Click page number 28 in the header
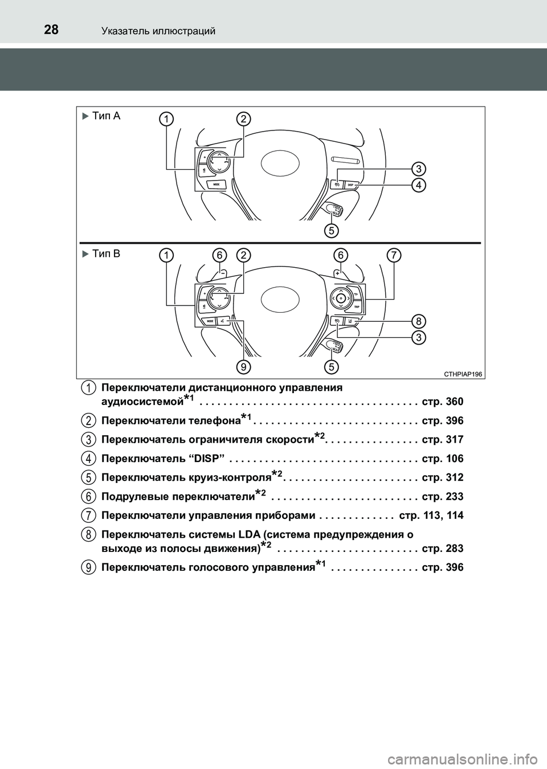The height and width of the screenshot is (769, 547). pyautogui.click(x=51, y=29)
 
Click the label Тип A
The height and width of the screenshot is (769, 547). pyautogui.click(x=106, y=116)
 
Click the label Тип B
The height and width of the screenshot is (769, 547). pyautogui.click(x=106, y=253)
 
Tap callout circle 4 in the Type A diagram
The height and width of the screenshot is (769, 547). pyautogui.click(x=419, y=185)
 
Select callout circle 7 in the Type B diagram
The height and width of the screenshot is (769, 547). pyautogui.click(x=393, y=255)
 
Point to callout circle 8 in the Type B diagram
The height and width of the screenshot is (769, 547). pyautogui.click(x=419, y=320)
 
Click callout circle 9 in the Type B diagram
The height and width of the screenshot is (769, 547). pyautogui.click(x=243, y=367)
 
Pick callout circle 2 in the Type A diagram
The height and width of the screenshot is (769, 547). pyautogui.click(x=243, y=118)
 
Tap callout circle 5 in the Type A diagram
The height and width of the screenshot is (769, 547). pyautogui.click(x=331, y=230)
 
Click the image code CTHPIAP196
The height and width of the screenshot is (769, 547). pyautogui.click(x=463, y=374)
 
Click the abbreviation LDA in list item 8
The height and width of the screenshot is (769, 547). pyautogui.click(x=249, y=534)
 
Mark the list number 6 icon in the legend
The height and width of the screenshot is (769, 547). pyautogui.click(x=88, y=496)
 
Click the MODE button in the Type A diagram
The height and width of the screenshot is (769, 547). pyautogui.click(x=217, y=185)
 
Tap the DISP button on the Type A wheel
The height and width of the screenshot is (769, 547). pyautogui.click(x=350, y=185)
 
